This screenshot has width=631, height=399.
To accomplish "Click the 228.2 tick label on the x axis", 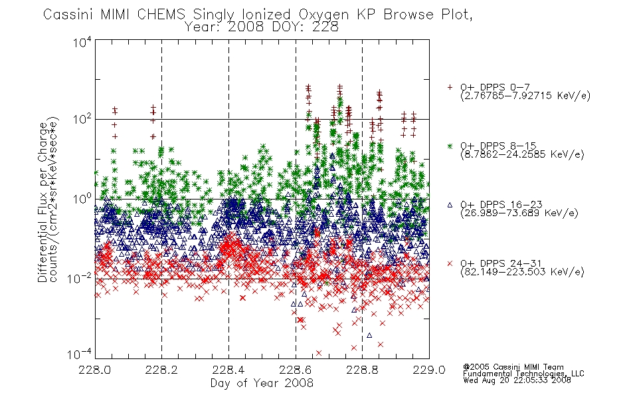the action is tap(161, 370).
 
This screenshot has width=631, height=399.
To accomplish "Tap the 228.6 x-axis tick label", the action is tap(296, 370).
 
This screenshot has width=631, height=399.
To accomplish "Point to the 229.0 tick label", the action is tap(429, 370).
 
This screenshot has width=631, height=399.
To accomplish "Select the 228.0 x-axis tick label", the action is tap(94, 370).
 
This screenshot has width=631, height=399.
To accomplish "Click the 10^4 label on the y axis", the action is tap(82, 42).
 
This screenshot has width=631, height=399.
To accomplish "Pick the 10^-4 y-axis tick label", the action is tap(80, 354).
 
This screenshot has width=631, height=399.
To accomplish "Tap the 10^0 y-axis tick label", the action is tap(82, 199).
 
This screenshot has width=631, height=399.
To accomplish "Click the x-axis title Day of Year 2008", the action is tap(262, 382).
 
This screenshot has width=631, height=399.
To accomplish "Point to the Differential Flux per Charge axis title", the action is tap(43, 201).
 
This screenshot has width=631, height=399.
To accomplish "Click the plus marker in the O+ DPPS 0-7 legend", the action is tap(450, 87).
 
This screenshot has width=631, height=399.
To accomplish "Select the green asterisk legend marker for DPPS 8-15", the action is tap(450, 146).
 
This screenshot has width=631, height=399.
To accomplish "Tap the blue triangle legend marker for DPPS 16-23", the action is tap(450, 205).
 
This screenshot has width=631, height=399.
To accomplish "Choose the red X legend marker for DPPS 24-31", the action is tap(450, 263).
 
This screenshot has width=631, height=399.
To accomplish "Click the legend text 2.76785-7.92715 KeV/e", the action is tap(525, 96).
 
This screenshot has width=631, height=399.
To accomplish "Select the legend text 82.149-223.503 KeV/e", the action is tap(522, 271).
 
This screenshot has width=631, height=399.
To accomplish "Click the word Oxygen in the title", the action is tap(324, 15).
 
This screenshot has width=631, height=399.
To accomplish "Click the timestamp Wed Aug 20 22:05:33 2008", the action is tap(517, 380).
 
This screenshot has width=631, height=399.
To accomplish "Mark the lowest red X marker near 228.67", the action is tap(319, 353).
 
